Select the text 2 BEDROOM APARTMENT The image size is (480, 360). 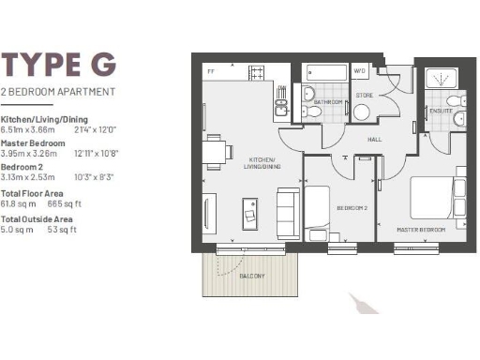[x=58, y=92]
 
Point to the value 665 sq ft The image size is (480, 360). [x=61, y=202]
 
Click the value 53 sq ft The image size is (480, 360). [x=62, y=229]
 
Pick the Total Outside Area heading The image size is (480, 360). [x=36, y=219]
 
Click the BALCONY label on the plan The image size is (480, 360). [x=251, y=276]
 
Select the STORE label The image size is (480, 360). [x=365, y=95]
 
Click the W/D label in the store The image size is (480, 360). [x=360, y=70]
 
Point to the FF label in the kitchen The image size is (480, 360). [x=211, y=70]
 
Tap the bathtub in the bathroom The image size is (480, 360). [x=324, y=72]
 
